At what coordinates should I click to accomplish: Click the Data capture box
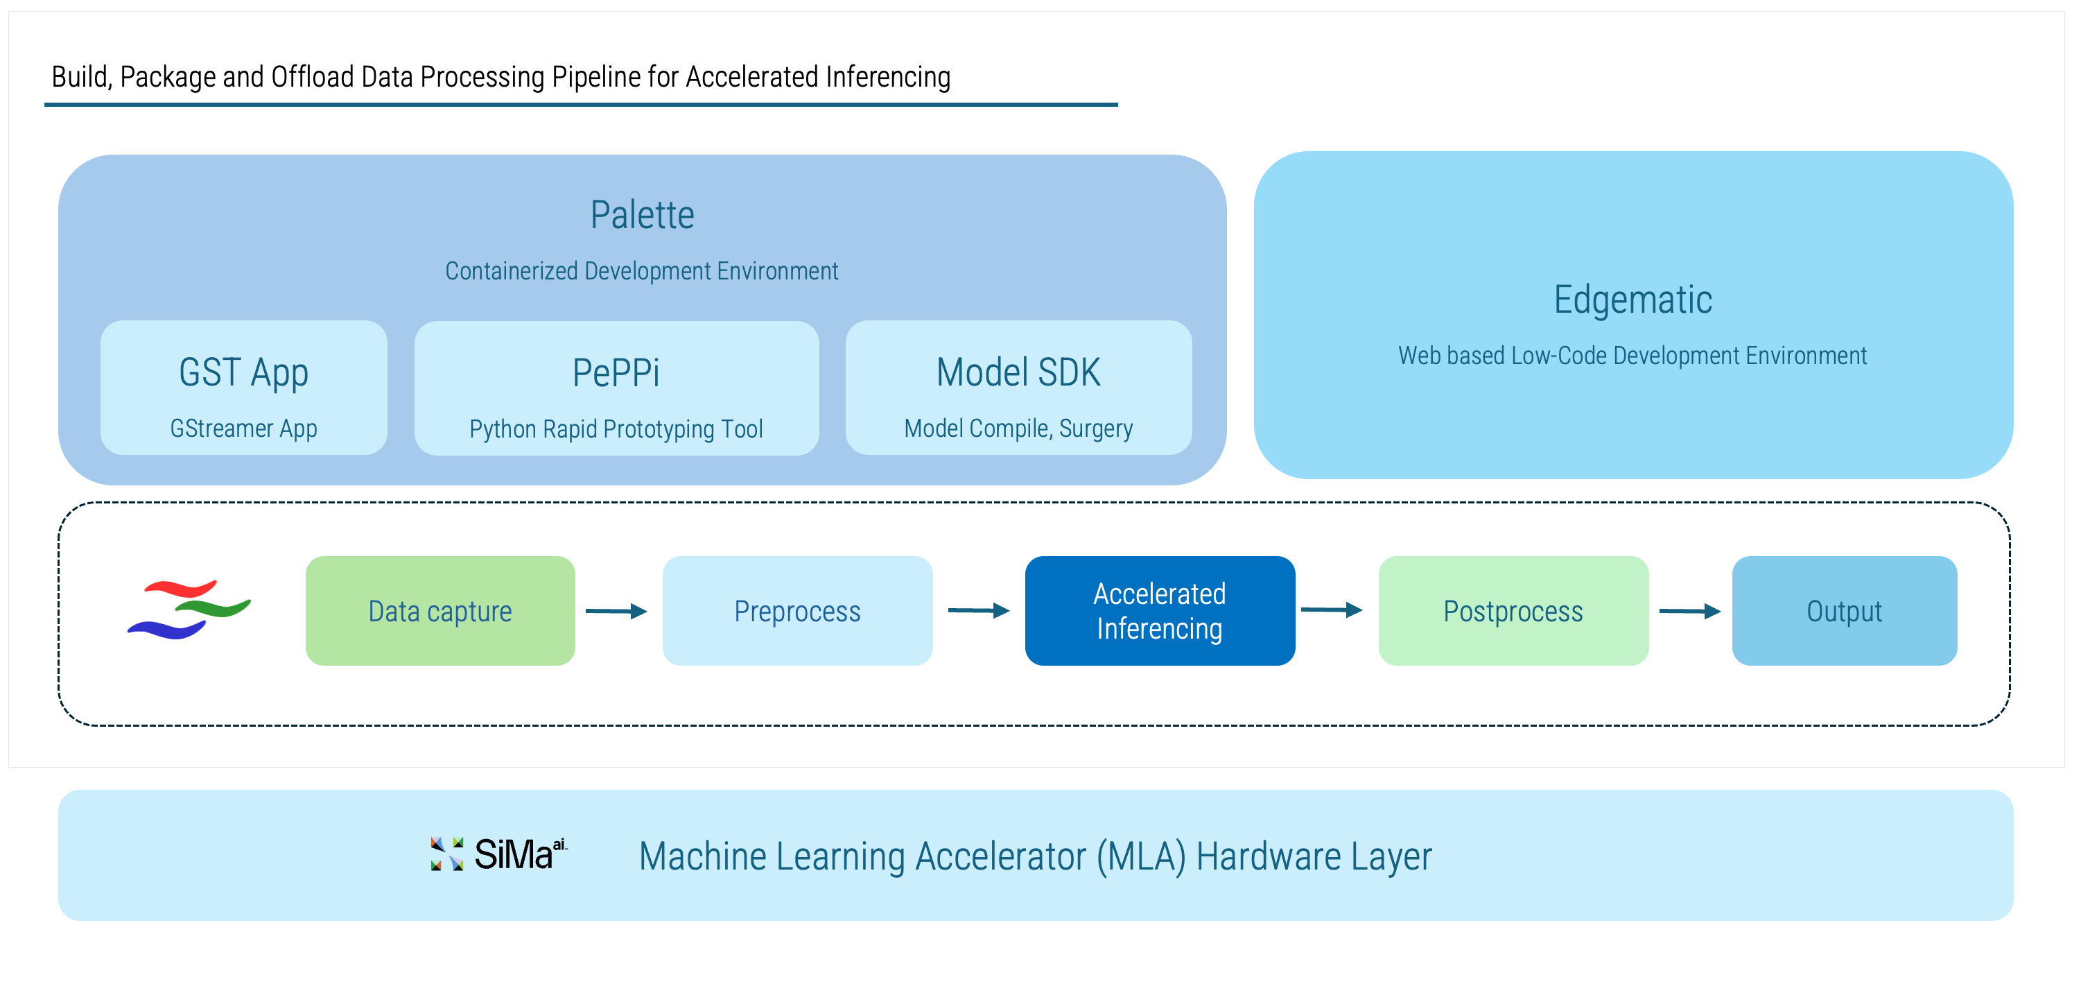pos(440,611)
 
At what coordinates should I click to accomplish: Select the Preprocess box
pos(797,611)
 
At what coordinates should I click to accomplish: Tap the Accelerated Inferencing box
pos(1159,611)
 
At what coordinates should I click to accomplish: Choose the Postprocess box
pos(1513,611)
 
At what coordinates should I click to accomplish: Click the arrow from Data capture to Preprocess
pos(616,611)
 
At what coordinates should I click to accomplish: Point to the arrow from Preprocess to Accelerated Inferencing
pos(978,611)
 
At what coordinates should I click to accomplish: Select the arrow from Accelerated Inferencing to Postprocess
pos(1332,610)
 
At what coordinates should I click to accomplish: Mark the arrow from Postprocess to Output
pos(1689,611)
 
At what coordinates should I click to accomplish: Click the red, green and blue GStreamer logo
pos(189,610)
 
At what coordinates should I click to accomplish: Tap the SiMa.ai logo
pos(499,854)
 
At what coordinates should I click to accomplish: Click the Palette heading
pos(642,215)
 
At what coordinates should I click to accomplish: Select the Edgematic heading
pos(1632,300)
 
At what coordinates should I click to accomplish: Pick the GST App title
pos(243,372)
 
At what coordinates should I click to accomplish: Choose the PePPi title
pos(616,372)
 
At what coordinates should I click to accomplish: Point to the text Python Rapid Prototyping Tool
pos(616,429)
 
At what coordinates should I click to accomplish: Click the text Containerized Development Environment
pos(641,270)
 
